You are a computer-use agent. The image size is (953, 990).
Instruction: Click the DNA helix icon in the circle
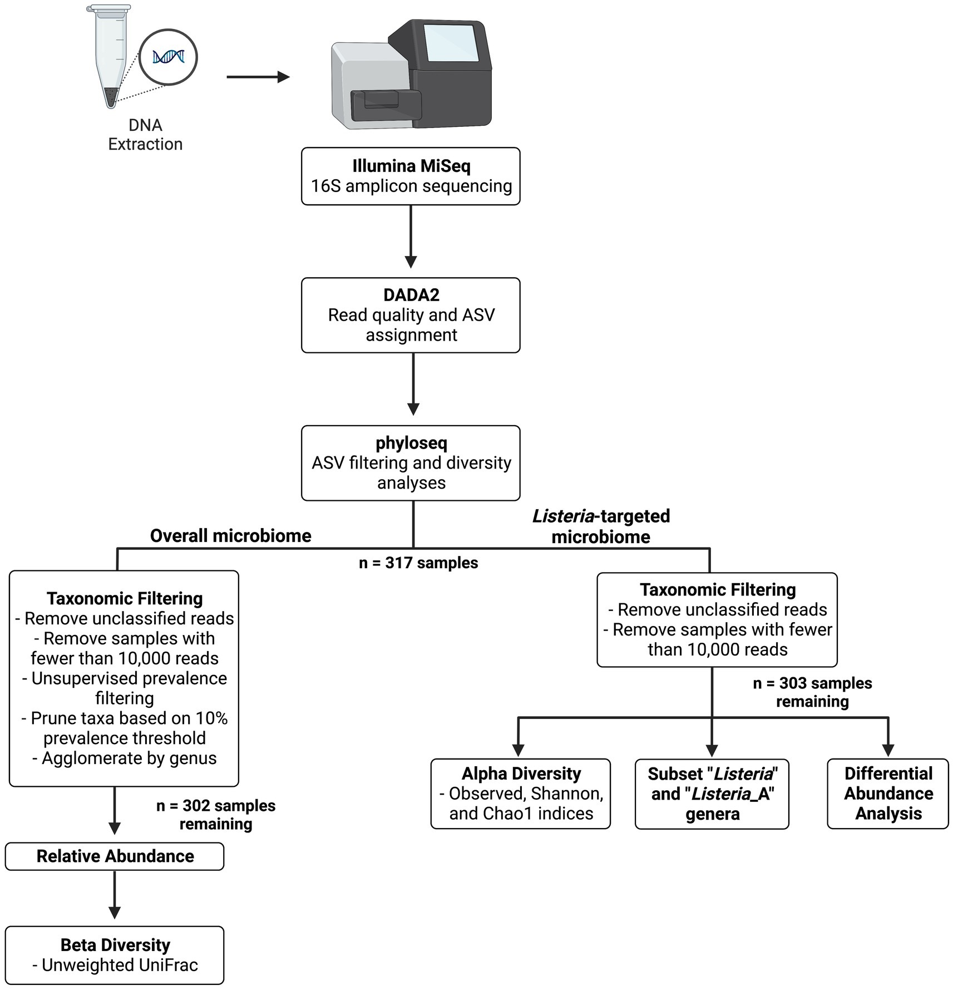tap(168, 57)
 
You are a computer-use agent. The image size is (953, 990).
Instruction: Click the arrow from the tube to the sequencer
tap(258, 77)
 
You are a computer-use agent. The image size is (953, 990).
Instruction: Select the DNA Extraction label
tap(145, 135)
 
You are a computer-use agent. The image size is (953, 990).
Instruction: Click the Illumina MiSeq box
tap(411, 176)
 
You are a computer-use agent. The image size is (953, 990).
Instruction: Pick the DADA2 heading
tap(411, 295)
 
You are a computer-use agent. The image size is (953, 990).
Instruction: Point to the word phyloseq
tap(411, 443)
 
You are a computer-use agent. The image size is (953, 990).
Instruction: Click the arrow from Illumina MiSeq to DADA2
tap(411, 237)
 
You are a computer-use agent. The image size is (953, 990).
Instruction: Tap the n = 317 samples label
tap(418, 563)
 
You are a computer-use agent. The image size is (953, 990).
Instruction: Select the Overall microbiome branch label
tap(231, 536)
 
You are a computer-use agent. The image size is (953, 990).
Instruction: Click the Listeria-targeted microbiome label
tap(601, 526)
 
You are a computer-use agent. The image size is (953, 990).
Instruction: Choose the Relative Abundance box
tap(115, 856)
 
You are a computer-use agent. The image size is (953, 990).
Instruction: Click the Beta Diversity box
tap(115, 955)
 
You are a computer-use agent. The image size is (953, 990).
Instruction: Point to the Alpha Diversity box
tap(521, 794)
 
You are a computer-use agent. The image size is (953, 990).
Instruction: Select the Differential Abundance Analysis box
tap(888, 794)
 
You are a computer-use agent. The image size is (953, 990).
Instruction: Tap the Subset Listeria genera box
tap(712, 794)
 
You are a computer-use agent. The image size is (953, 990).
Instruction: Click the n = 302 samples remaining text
tap(216, 815)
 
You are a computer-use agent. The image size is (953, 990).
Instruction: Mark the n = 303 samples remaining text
tap(812, 692)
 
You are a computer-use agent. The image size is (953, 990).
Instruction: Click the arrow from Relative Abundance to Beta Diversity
tap(115, 895)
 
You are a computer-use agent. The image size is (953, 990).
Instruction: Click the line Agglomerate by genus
tap(125, 758)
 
